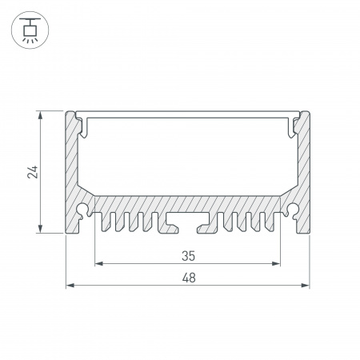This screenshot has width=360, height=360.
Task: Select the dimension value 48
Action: tap(188, 278)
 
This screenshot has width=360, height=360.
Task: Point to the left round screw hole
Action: tap(83, 212)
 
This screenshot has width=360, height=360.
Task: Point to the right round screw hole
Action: tap(294, 212)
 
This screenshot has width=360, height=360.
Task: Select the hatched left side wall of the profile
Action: tap(73, 168)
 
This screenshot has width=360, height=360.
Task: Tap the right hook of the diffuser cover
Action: tap(295, 122)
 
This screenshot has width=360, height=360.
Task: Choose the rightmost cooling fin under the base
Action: tap(276, 224)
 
